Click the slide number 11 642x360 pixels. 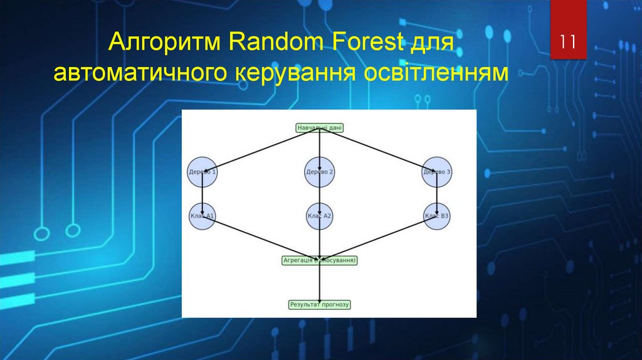(x=568, y=43)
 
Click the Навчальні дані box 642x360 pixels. (x=320, y=128)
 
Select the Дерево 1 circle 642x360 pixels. (x=203, y=172)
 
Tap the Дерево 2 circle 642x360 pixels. (x=320, y=172)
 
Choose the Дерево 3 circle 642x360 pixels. (x=437, y=172)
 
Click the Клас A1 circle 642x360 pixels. (x=203, y=216)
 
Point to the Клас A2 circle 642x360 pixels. (x=320, y=216)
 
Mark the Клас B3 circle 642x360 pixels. (x=437, y=216)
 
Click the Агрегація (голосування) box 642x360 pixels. (x=320, y=260)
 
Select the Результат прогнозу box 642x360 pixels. (x=320, y=305)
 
